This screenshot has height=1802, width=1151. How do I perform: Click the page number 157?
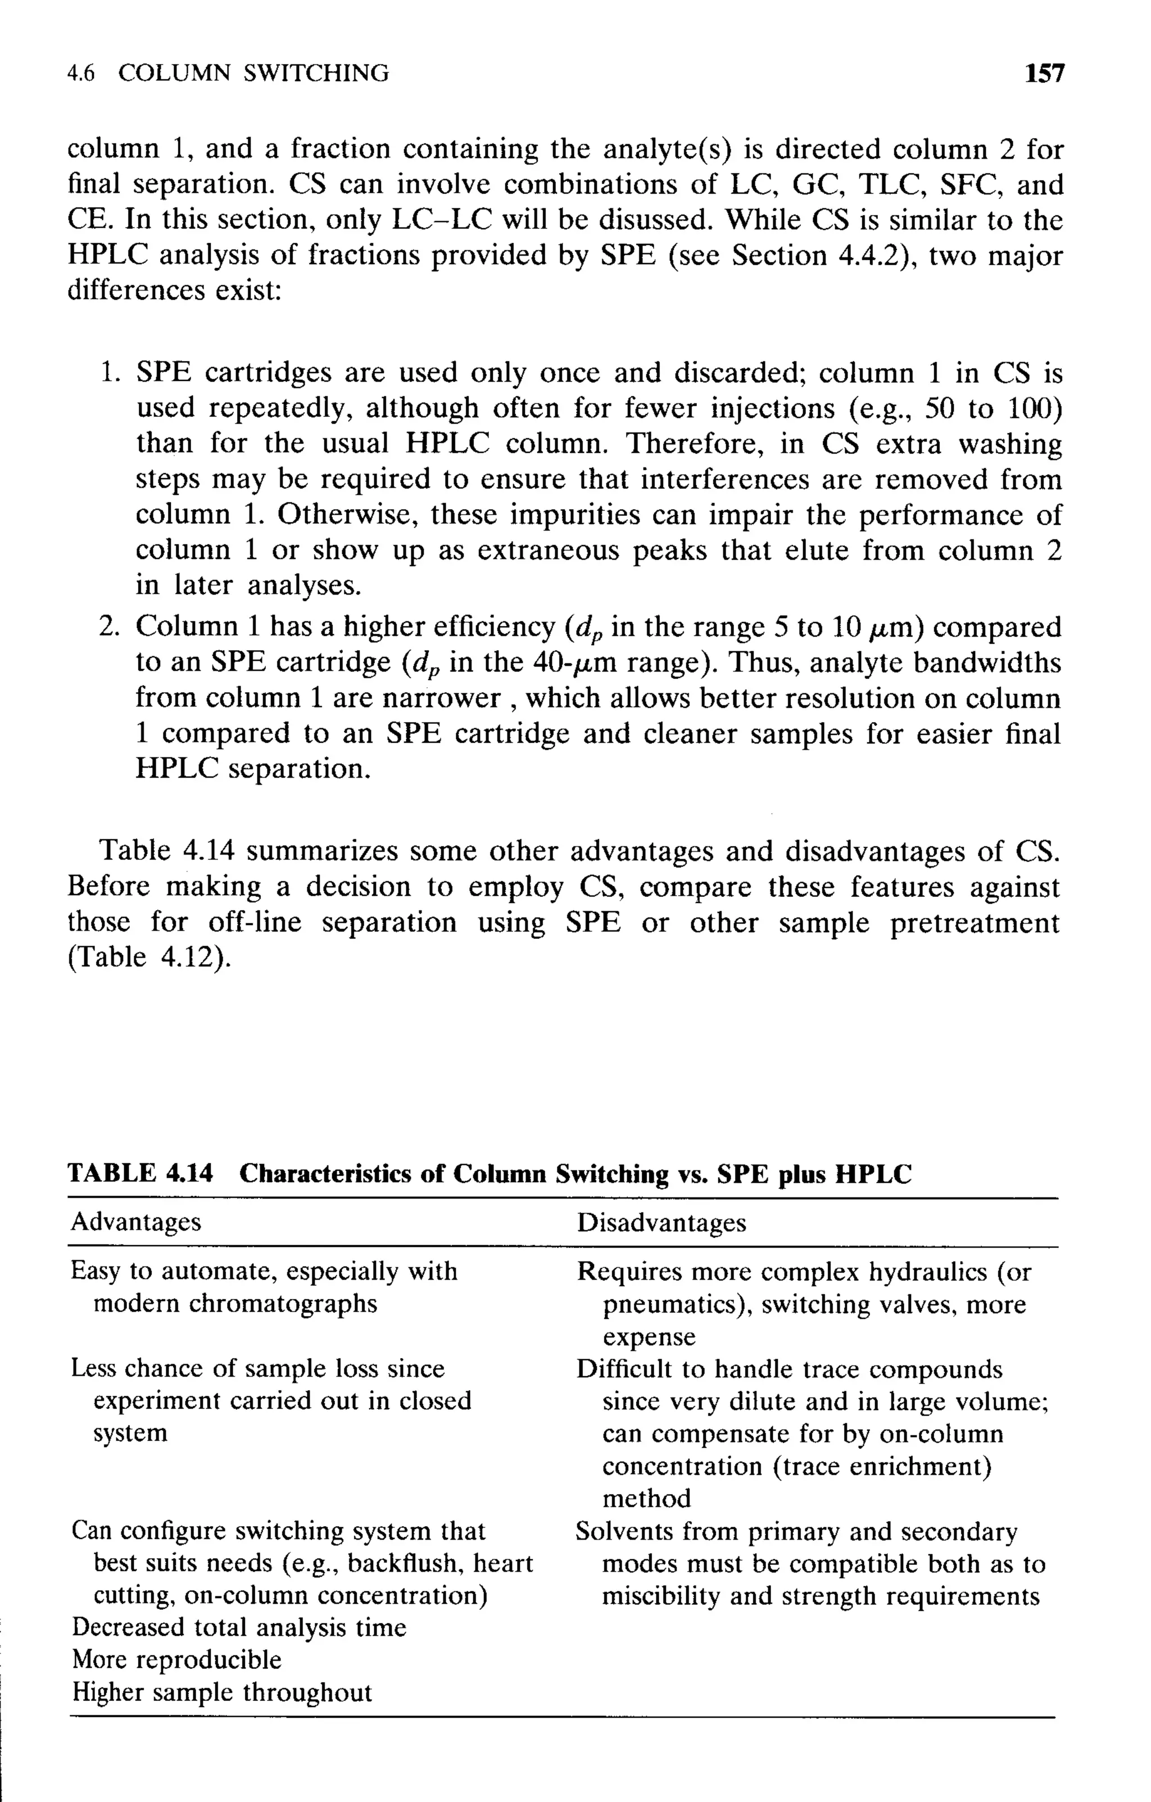tap(1044, 74)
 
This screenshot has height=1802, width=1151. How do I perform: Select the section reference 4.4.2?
tap(865, 256)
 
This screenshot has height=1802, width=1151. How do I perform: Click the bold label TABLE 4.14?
tap(141, 1173)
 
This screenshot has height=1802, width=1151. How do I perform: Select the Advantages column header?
tap(136, 1222)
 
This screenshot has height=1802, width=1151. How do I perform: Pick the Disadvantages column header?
tap(661, 1223)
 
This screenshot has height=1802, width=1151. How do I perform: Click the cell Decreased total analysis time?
tap(239, 1627)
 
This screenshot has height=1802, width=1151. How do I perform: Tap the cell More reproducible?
tap(176, 1659)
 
